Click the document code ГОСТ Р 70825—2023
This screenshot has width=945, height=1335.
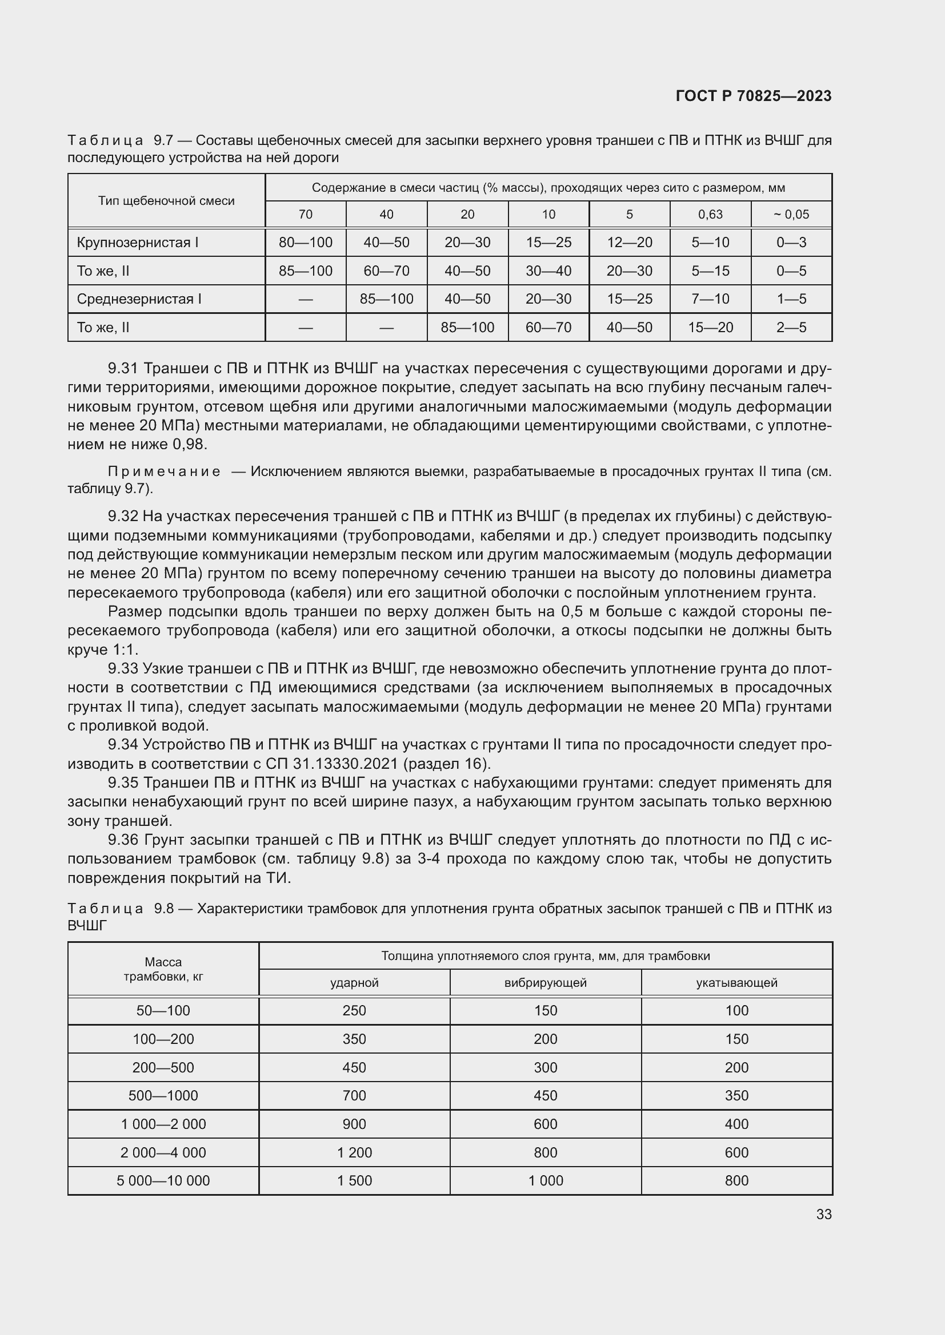pos(753,96)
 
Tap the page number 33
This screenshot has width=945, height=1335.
pos(823,1214)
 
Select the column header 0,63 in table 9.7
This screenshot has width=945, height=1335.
pos(710,215)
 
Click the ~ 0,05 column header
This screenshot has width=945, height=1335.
pos(791,215)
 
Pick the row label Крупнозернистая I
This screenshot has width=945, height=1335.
pos(137,243)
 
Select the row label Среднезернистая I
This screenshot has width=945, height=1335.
pos(139,299)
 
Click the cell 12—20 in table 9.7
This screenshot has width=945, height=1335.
pos(629,243)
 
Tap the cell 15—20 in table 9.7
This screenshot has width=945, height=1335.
pos(710,328)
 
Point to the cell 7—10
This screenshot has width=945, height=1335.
pos(710,299)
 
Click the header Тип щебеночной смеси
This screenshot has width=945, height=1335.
pos(166,200)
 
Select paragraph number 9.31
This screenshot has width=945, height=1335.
pos(123,369)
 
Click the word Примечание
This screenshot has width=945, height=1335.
pos(164,471)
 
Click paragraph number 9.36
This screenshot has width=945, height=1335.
pos(123,840)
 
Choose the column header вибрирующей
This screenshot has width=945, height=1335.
pos(545,983)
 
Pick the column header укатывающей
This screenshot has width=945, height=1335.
pos(736,983)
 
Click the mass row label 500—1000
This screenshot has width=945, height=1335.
pos(163,1095)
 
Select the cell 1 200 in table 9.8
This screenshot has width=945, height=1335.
pos(354,1152)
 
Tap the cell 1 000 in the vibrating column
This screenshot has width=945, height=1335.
pos(545,1180)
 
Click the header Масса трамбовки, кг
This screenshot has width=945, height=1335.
pos(163,969)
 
